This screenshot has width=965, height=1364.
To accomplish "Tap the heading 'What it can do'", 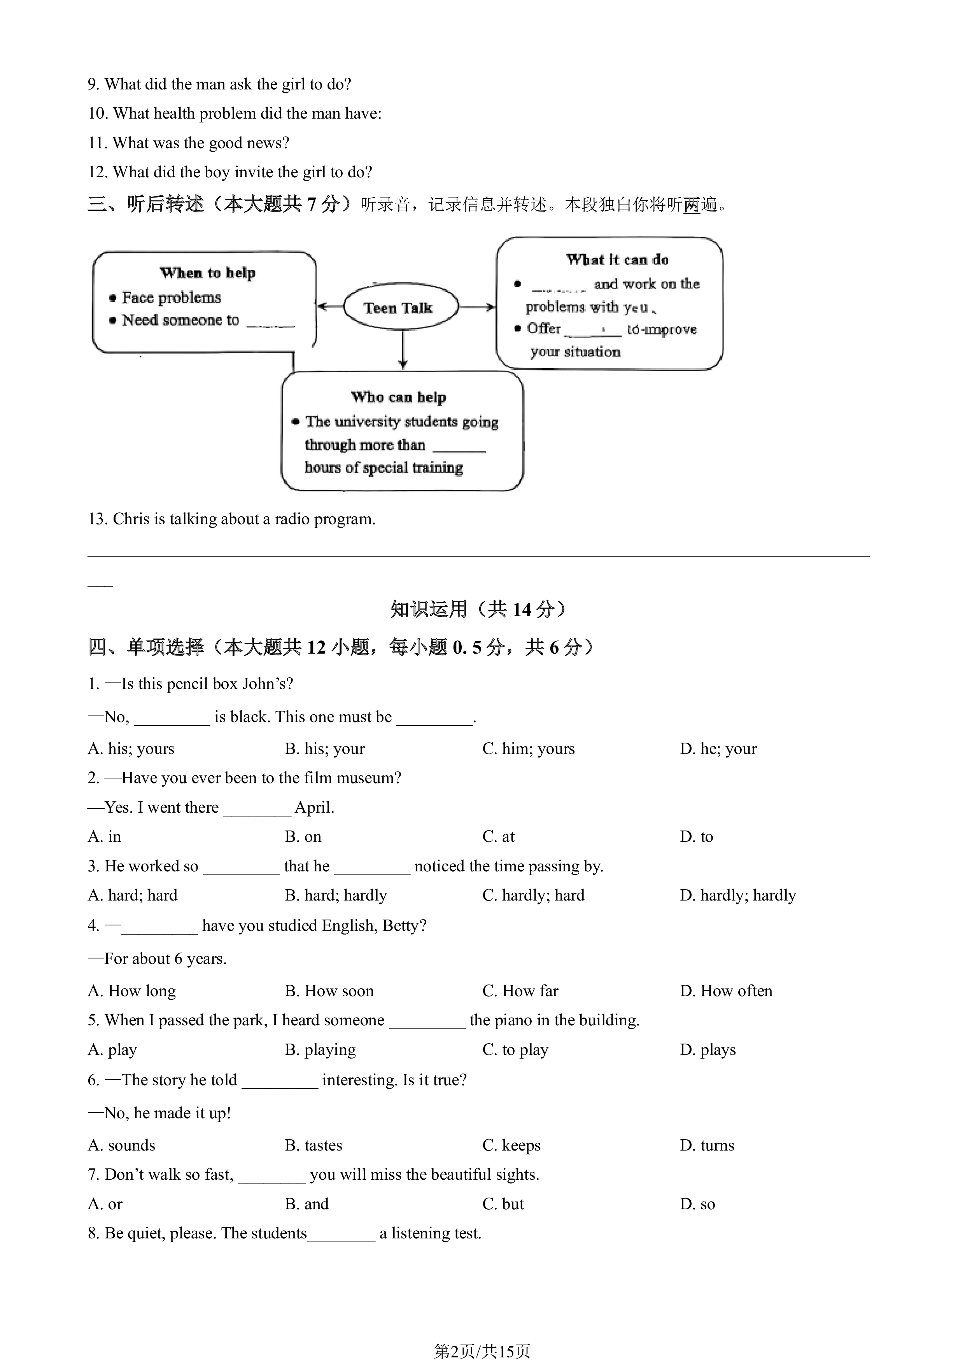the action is [617, 260].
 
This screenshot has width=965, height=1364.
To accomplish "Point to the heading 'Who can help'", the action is [398, 397].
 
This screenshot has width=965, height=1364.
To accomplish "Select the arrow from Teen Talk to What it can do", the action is [477, 306].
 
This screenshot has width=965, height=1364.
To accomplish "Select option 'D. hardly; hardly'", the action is [738, 895].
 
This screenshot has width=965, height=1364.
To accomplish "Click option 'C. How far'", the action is [520, 990].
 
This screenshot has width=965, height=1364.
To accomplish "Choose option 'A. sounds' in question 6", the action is [122, 1145].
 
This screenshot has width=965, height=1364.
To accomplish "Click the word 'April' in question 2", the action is [313, 807].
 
